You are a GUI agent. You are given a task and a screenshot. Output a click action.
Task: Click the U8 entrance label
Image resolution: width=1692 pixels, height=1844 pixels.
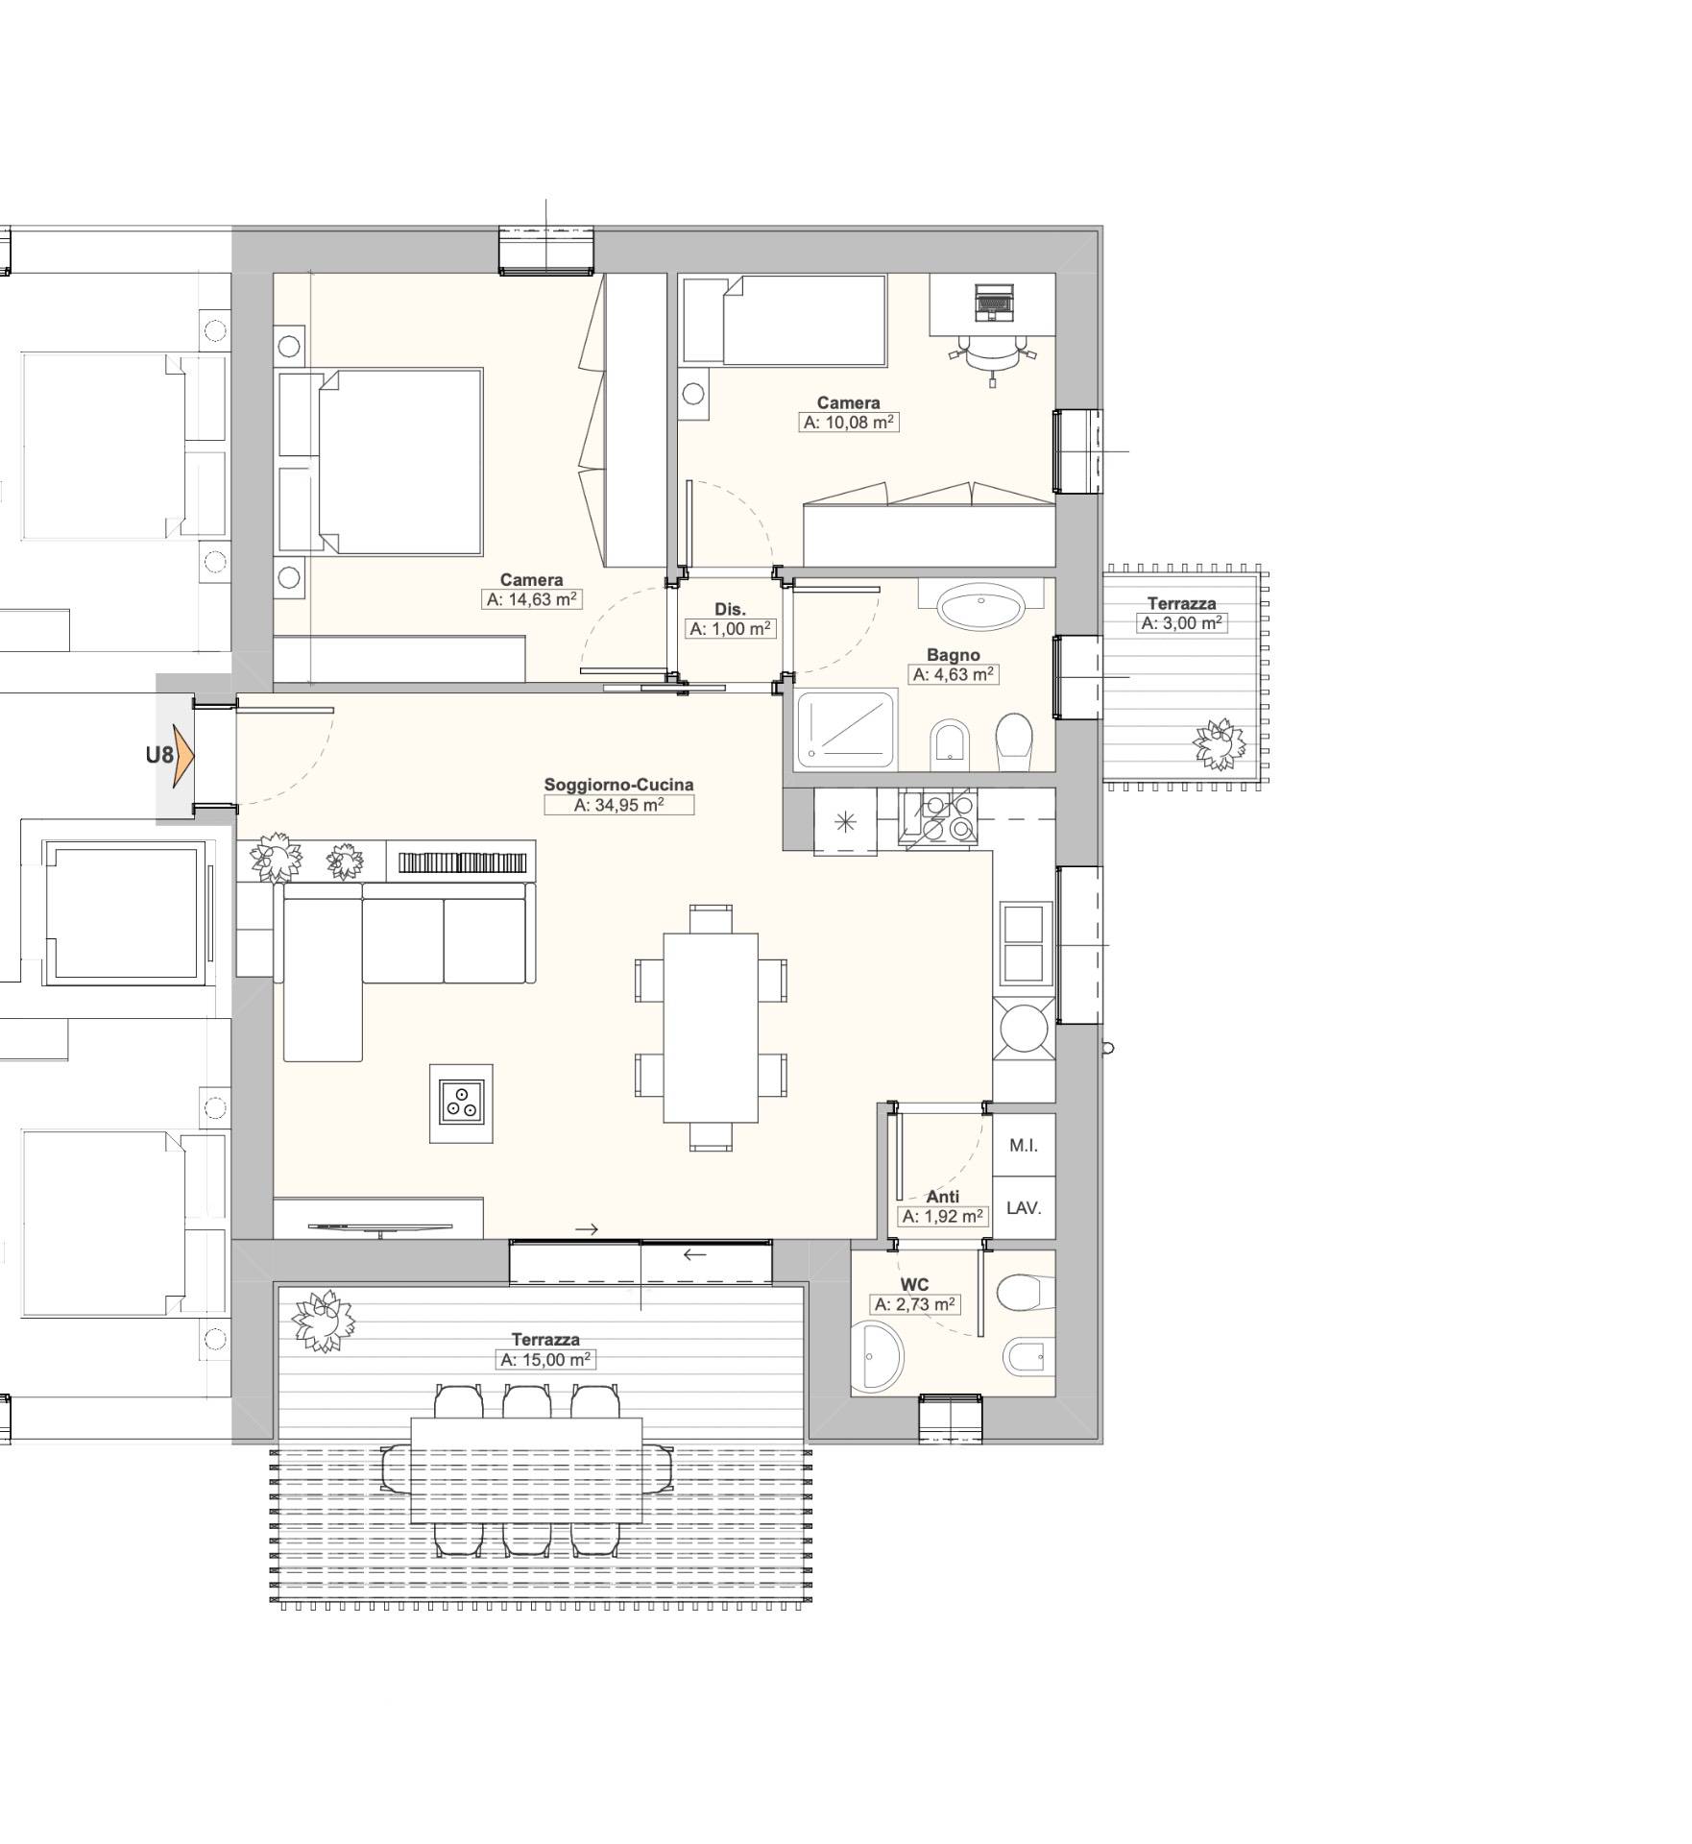tap(159, 755)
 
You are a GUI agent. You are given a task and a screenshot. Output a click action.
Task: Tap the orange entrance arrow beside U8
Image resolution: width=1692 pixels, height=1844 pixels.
tap(184, 755)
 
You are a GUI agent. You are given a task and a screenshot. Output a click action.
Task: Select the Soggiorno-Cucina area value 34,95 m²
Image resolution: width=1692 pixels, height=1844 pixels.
tap(618, 805)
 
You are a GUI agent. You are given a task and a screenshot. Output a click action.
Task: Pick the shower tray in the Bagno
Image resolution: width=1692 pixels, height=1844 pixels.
tap(846, 730)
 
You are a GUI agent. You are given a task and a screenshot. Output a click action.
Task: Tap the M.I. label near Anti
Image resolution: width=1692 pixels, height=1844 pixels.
tap(1024, 1145)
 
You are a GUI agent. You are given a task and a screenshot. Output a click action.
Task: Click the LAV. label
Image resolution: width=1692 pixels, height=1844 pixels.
tap(1024, 1208)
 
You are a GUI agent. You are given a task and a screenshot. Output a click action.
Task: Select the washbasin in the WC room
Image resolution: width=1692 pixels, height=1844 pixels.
tap(878, 1355)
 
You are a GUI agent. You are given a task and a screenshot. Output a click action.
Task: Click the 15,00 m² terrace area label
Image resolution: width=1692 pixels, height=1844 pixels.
tap(546, 1360)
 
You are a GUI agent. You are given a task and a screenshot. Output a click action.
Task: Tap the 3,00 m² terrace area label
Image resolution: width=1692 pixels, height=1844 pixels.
tap(1182, 623)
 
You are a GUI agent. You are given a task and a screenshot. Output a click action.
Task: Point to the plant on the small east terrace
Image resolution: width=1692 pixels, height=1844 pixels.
tap(1218, 744)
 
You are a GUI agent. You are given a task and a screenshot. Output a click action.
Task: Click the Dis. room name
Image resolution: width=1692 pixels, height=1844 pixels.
tap(730, 609)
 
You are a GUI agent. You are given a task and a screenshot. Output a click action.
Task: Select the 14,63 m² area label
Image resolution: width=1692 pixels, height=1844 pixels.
tap(532, 599)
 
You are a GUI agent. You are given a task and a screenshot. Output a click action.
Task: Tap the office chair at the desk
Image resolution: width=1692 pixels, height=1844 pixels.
tap(993, 355)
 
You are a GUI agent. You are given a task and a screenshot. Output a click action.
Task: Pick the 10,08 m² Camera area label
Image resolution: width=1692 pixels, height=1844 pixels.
tap(849, 422)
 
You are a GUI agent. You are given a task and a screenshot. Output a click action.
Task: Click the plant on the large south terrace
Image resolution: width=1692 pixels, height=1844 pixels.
tap(323, 1321)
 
